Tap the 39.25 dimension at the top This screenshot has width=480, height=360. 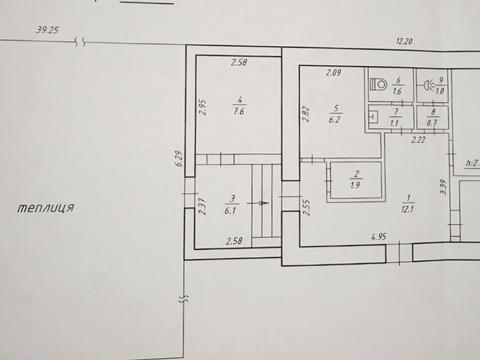(x=49, y=31)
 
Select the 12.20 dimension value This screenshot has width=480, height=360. (x=404, y=42)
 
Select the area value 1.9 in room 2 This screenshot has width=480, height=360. (x=356, y=184)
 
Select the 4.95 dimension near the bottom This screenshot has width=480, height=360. (x=380, y=238)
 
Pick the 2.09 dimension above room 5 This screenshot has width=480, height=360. (x=335, y=72)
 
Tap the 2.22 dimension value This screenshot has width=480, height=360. (x=418, y=141)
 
